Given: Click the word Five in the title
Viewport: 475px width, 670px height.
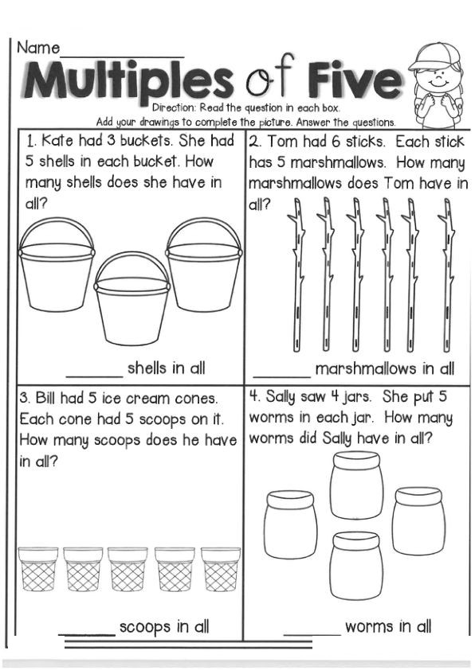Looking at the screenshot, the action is (x=355, y=80).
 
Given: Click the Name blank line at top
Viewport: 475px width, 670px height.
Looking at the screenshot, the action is (x=123, y=56).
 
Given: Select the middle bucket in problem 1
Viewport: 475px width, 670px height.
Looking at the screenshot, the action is (x=132, y=298).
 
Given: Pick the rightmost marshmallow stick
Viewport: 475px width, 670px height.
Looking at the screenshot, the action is (x=447, y=275).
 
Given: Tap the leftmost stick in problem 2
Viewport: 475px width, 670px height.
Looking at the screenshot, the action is (x=298, y=275).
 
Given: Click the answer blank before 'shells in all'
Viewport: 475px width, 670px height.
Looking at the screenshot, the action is (x=94, y=377).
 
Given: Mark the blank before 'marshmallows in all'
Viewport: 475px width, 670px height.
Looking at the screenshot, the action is (x=281, y=377).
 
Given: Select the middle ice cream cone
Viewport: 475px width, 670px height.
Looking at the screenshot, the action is (x=128, y=569).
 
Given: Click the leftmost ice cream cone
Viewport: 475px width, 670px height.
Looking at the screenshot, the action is (x=38, y=569).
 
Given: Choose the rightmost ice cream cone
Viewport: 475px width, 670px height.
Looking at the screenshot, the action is (x=221, y=569).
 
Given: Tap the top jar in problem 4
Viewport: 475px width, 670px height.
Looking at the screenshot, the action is (x=356, y=485).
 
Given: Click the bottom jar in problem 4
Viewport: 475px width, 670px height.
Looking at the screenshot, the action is (x=356, y=565).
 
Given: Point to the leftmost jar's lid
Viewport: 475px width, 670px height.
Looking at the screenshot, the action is (x=290, y=498).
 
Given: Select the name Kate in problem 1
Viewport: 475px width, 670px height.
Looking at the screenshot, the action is (x=57, y=141).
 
